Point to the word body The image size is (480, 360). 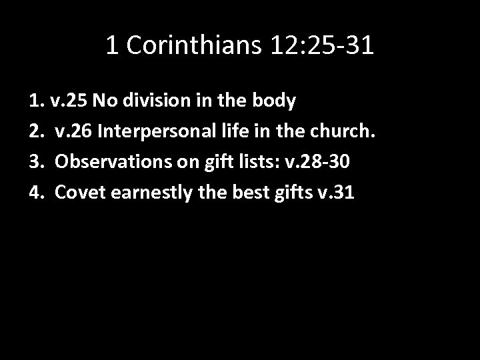point(274,101)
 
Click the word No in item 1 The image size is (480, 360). point(103,101)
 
